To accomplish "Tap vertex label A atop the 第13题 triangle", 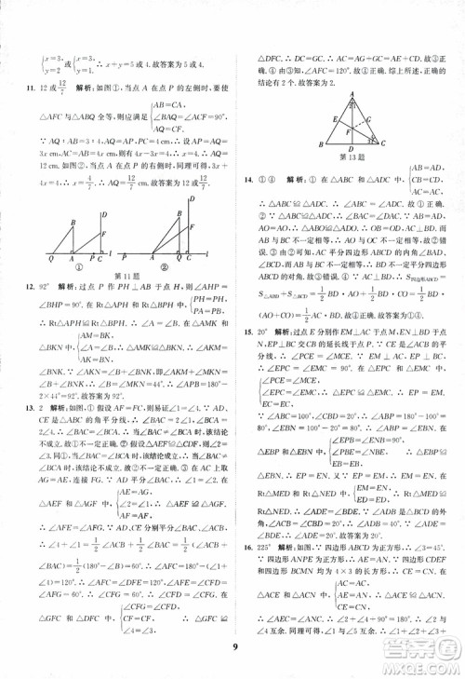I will pos(355,95).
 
